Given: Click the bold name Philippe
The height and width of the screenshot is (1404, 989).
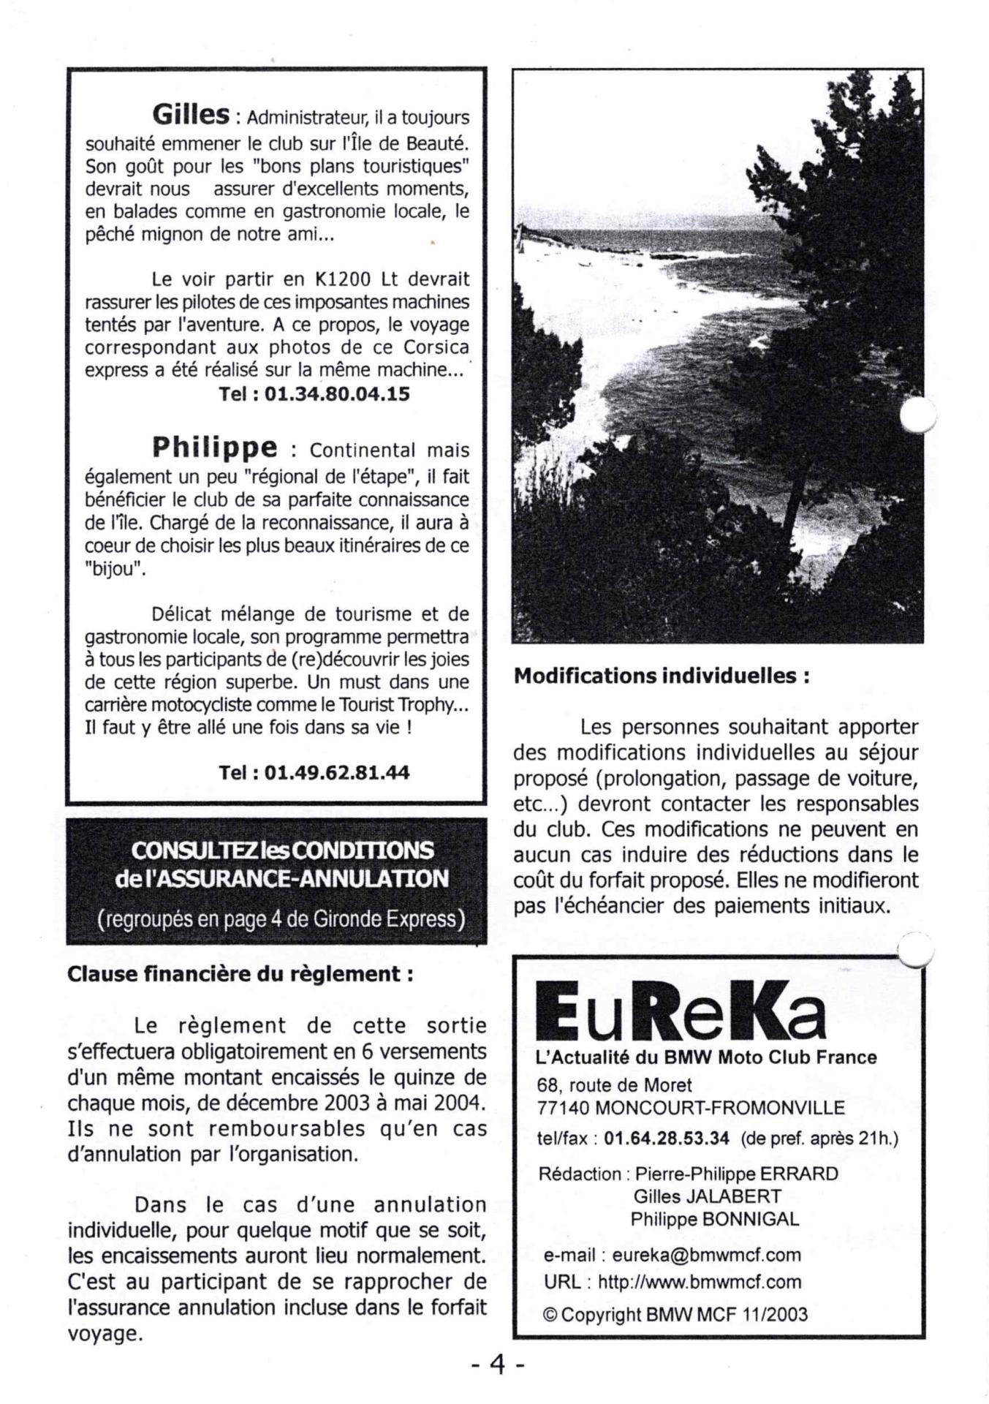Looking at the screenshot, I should point(215,446).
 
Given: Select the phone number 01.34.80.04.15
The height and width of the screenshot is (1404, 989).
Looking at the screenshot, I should point(337,394).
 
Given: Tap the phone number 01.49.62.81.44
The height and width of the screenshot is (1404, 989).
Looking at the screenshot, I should point(337,772).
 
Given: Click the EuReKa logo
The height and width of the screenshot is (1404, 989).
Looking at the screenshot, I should point(681,1011).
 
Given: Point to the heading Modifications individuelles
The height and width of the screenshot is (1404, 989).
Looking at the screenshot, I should point(662,676).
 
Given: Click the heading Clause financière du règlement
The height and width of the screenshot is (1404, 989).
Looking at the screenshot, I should point(240,974).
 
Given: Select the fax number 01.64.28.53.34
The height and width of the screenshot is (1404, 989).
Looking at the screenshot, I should point(667,1139).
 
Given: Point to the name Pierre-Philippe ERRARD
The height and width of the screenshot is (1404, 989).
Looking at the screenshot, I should point(736,1174).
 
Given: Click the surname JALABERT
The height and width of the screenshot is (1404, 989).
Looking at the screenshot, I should point(739,1196).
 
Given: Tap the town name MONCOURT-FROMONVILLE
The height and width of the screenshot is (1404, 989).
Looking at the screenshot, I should point(720,1107).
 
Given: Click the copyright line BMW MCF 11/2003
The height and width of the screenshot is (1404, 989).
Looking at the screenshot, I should point(727,1314).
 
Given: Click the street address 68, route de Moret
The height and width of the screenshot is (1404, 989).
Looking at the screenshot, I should point(614,1084).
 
